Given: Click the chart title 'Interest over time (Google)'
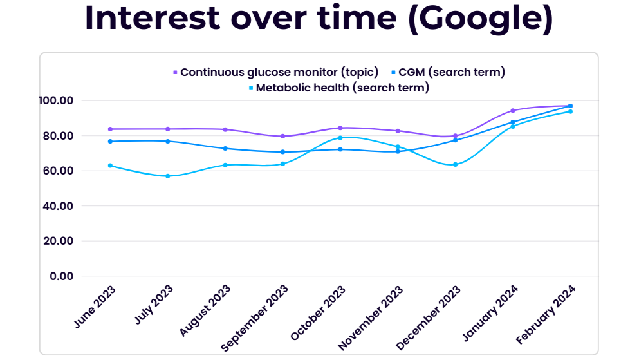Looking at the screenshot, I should (x=319, y=19).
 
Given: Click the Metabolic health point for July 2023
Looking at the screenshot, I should (x=168, y=176).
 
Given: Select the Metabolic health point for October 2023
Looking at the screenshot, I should (x=340, y=138).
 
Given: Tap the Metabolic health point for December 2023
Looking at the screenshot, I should (x=455, y=165).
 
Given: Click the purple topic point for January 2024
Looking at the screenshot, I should (x=513, y=111).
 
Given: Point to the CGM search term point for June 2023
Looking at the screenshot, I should (x=111, y=142).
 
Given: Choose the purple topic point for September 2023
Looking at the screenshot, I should (x=282, y=137).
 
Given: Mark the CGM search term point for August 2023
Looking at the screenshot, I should (x=225, y=149).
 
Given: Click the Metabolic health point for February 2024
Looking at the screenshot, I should (x=570, y=111).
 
